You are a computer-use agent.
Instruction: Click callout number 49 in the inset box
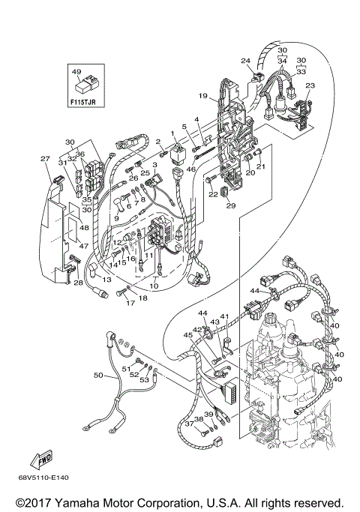coord(76,72)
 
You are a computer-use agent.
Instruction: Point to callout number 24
coord(245,61)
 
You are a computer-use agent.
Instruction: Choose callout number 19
coord(202,96)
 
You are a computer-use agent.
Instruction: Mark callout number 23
coord(310,85)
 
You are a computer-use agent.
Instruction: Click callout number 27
coord(45,158)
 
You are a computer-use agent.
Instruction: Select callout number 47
coord(84,245)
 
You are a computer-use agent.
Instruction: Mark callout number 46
coord(190,170)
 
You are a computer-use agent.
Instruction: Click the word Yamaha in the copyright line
coord(101,502)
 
